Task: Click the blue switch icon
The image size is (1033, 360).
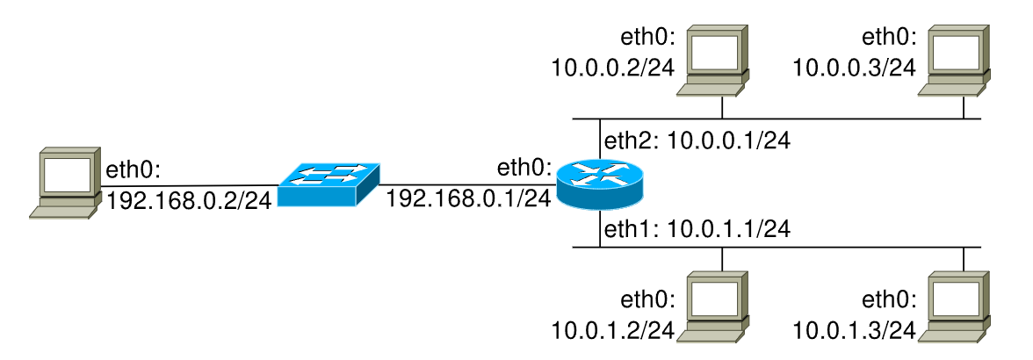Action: pos(328,184)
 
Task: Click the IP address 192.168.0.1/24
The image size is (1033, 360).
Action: pos(468,198)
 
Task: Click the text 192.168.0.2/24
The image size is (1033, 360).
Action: pos(188,202)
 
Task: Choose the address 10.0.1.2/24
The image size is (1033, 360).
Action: pos(612,331)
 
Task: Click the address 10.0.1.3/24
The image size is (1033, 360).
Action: pos(854,331)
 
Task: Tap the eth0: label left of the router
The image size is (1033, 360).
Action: pos(524,167)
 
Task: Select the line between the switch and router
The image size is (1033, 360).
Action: pos(466,184)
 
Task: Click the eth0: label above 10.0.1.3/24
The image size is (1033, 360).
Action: pos(889,301)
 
